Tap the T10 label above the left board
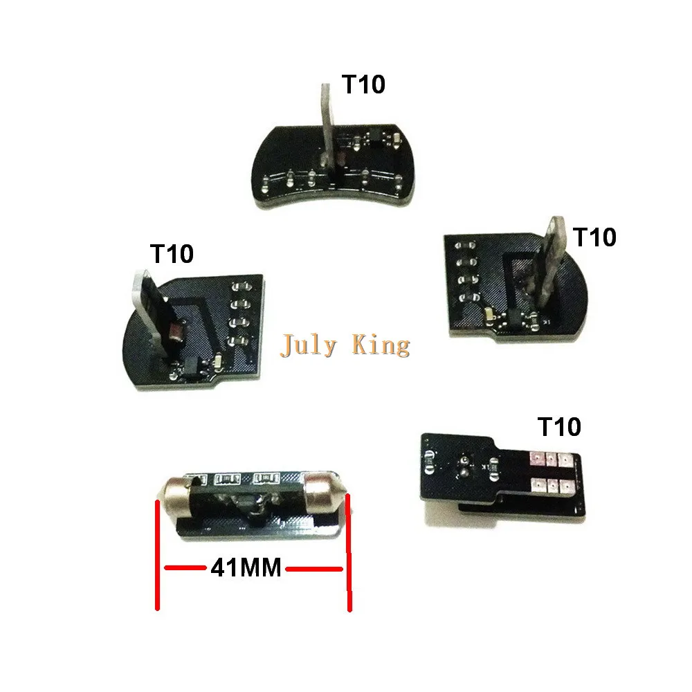(x=172, y=254)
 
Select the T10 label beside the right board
(x=594, y=237)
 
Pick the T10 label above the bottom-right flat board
(x=559, y=428)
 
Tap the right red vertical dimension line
(x=349, y=554)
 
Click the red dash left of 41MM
(x=185, y=569)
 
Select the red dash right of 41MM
(x=315, y=569)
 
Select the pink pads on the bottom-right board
(x=547, y=471)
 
